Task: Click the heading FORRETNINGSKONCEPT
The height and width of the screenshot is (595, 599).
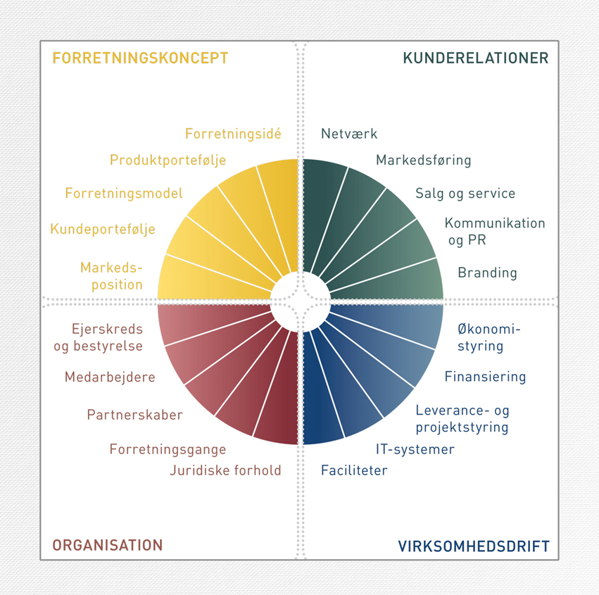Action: pos(140,58)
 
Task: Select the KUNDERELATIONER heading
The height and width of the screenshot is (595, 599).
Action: pos(476,58)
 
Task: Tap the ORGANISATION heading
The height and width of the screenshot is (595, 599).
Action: pos(108,545)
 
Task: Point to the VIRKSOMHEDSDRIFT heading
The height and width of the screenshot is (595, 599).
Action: pos(474,546)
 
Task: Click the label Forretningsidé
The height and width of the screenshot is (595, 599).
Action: pos(233,133)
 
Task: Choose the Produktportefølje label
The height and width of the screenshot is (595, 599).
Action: pos(168,160)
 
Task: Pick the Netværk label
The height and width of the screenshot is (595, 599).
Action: pos(349,134)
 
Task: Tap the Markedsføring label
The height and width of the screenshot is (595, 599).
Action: pos(423,160)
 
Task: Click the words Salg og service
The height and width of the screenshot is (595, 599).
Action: pos(465,194)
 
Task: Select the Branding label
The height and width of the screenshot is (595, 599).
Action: pos(488,273)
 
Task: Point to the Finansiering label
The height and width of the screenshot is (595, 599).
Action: pos(485,377)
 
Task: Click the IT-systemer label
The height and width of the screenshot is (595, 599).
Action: pos(415,449)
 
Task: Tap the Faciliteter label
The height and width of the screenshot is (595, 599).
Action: pos(354,470)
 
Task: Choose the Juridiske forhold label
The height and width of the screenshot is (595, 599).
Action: pos(225,470)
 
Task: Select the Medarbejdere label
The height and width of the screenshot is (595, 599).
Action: pos(110,377)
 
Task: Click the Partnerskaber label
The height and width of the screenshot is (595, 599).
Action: pos(135,415)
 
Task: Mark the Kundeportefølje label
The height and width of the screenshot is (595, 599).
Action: pos(103,230)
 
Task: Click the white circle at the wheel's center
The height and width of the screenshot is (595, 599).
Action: pos(301,302)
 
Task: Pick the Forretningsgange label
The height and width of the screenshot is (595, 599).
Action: pos(168,449)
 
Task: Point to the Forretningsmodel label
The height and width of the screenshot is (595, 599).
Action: pos(124,194)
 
